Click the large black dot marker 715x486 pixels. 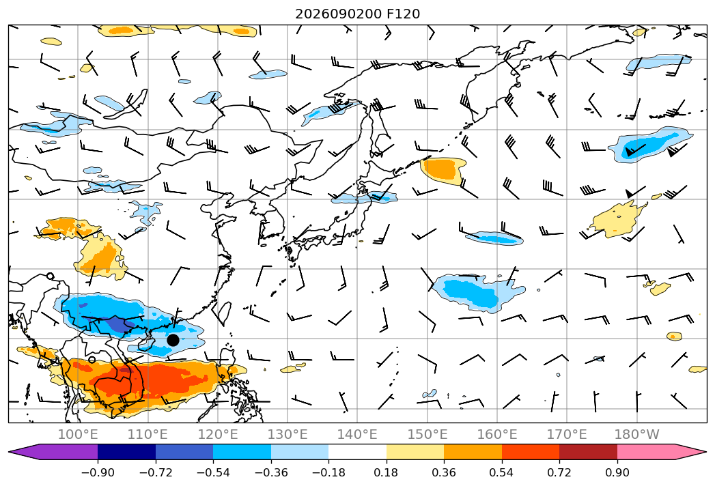pos(173,340)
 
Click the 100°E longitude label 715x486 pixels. pos(78,434)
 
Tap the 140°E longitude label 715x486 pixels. pos(357,434)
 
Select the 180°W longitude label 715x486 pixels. pos(636,434)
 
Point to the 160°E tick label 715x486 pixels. pos(497,434)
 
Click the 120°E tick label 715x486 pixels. pos(218,434)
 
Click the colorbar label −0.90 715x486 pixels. pos(98,472)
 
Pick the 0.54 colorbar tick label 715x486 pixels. pos(502,472)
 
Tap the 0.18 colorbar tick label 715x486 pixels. pos(387,472)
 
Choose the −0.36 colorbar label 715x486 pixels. pos(271,472)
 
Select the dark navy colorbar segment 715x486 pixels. pos(127,452)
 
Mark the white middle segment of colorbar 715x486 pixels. pos(358,452)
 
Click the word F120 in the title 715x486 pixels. pos(403,14)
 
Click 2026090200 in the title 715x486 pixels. pos(338,14)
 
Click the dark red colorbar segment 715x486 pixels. pos(588,452)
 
